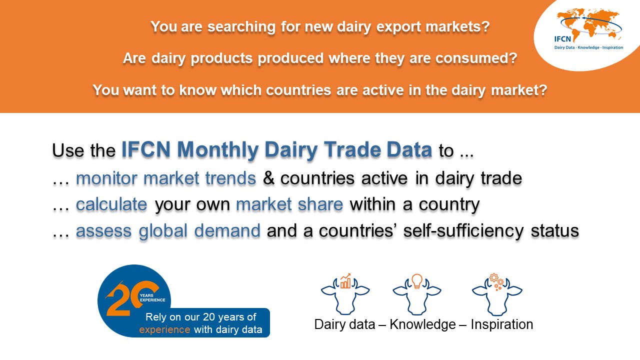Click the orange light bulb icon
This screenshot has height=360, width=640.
[x=417, y=281]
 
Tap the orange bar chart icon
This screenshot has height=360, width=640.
[x=345, y=281]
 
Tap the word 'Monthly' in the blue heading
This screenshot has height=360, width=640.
[x=217, y=149]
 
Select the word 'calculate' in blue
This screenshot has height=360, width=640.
[x=111, y=204]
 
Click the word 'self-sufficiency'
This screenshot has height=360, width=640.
[x=463, y=230]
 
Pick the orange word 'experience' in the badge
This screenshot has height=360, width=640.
[x=164, y=329]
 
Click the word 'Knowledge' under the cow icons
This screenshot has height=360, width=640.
[x=422, y=324]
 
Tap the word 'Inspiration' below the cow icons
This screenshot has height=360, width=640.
[x=501, y=324]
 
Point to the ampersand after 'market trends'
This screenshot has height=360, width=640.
[x=268, y=178]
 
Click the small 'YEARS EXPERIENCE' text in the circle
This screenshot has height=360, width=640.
[x=152, y=297]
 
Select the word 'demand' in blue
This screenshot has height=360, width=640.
[x=227, y=230]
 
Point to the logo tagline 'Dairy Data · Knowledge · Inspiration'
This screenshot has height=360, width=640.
[x=588, y=47]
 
